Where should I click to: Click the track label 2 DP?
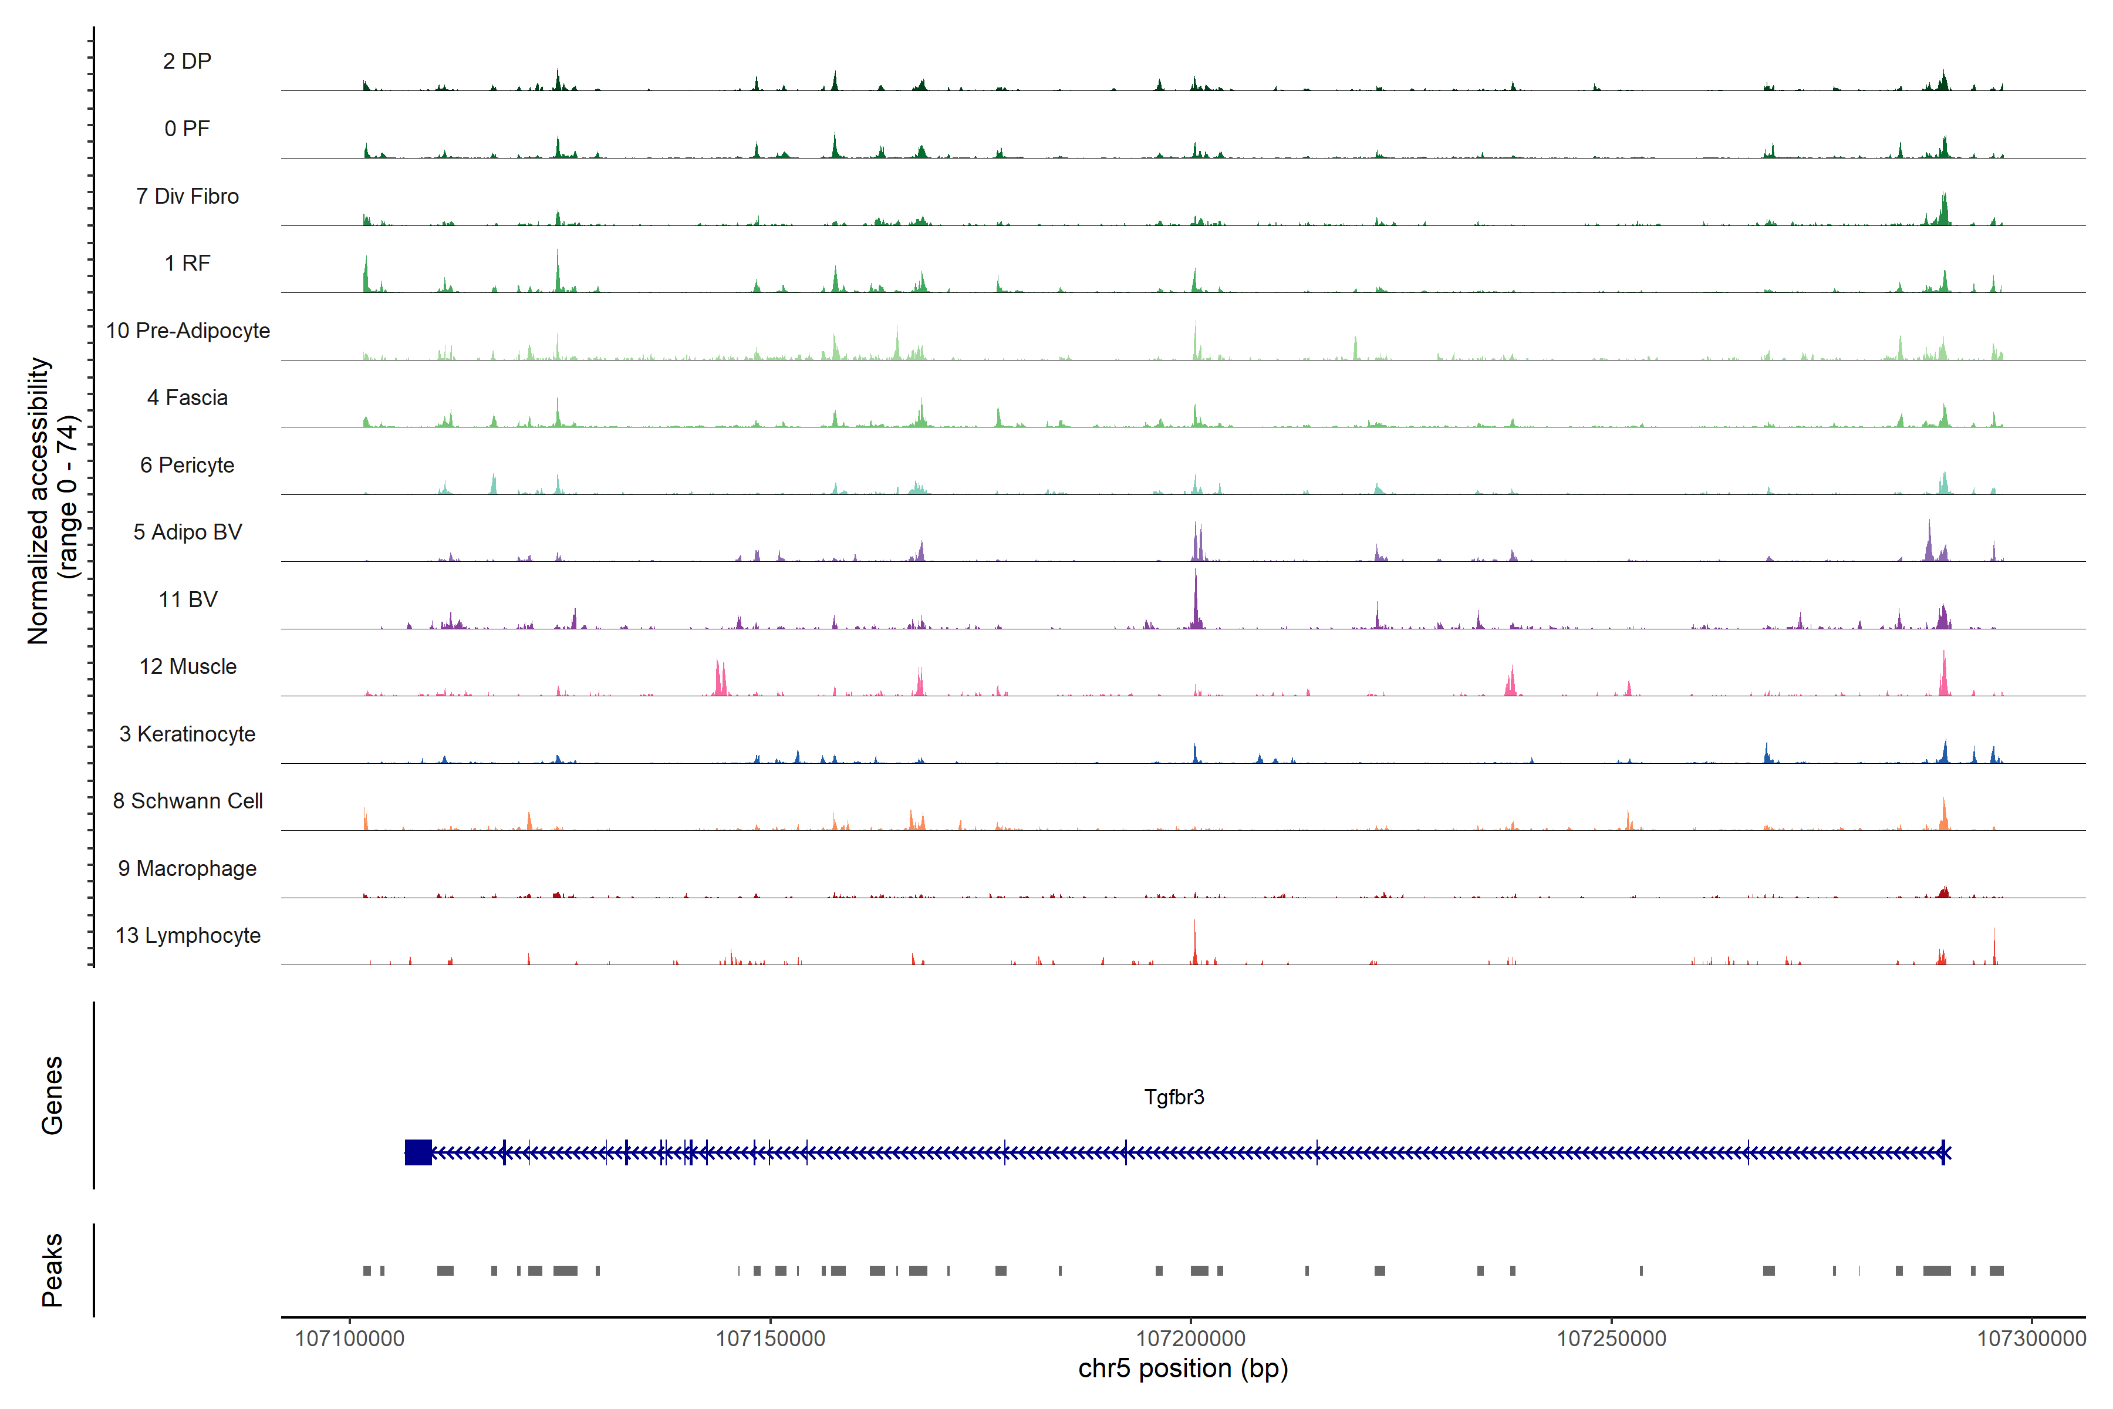click(187, 61)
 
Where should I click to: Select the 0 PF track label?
click(187, 129)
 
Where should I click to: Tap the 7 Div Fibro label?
click(187, 196)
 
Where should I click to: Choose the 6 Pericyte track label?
click(187, 464)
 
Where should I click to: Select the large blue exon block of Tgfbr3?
click(418, 1152)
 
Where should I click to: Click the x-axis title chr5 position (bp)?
click(1182, 1368)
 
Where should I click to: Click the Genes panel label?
click(52, 1095)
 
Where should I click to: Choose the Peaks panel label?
click(52, 1270)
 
